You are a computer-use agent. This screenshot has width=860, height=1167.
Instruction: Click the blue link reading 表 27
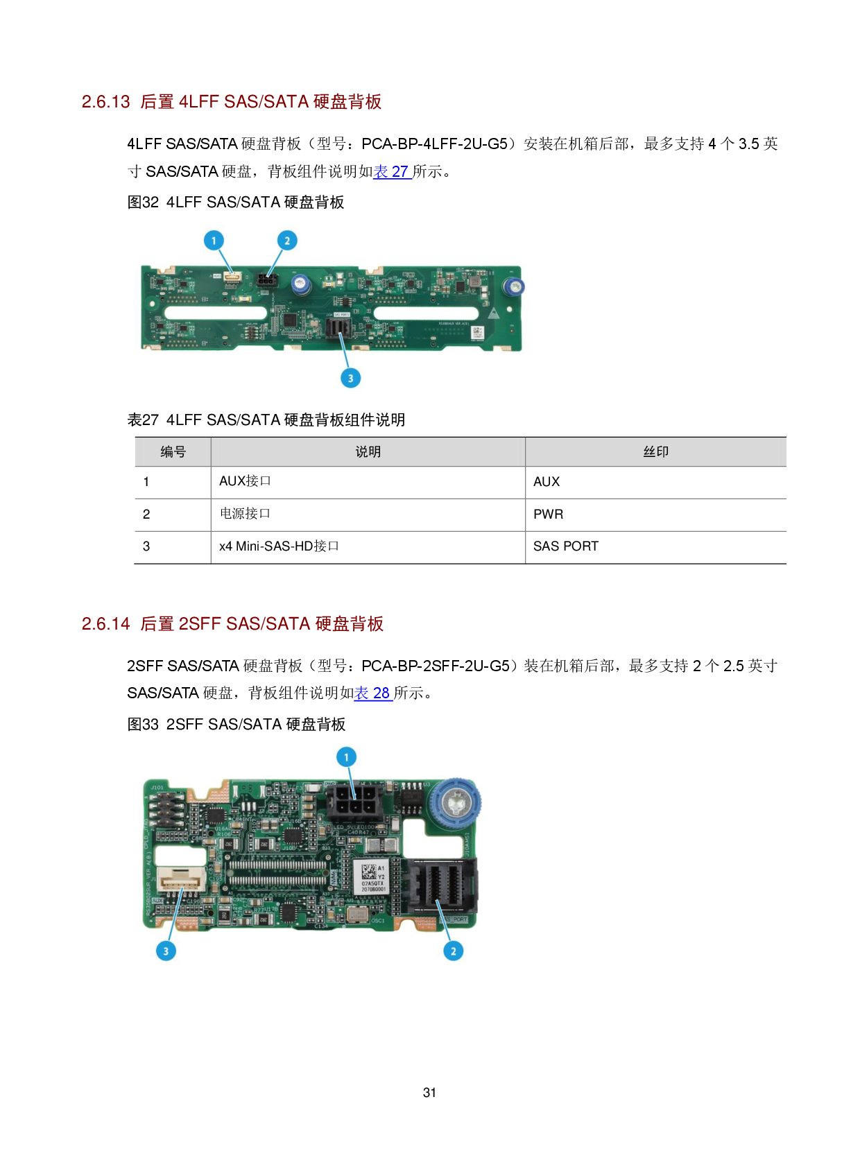click(x=392, y=172)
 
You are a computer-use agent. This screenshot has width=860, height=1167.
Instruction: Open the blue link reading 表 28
click(x=372, y=693)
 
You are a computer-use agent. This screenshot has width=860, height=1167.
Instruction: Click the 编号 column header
click(x=173, y=452)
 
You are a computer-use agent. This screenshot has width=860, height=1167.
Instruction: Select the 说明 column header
click(x=368, y=452)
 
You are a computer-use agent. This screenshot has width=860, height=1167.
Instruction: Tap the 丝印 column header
click(x=655, y=452)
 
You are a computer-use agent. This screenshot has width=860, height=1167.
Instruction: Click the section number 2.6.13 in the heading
click(x=106, y=102)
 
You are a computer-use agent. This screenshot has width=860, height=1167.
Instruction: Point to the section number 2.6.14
click(x=106, y=624)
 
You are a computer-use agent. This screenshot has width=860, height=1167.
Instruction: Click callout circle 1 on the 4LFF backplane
click(x=214, y=241)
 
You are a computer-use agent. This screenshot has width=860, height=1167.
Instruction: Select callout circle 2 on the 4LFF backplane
click(x=287, y=241)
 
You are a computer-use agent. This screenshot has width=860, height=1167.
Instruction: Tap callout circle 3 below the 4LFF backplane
click(x=350, y=378)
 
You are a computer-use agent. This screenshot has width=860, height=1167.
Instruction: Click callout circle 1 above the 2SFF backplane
click(x=346, y=757)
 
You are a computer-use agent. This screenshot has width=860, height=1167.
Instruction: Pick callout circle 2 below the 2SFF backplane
click(x=453, y=951)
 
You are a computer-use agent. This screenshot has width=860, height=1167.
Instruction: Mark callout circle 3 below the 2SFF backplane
click(x=166, y=951)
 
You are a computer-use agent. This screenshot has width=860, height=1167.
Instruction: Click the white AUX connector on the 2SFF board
click(x=180, y=881)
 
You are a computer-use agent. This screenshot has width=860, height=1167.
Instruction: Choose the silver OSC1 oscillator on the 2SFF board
click(x=358, y=914)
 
